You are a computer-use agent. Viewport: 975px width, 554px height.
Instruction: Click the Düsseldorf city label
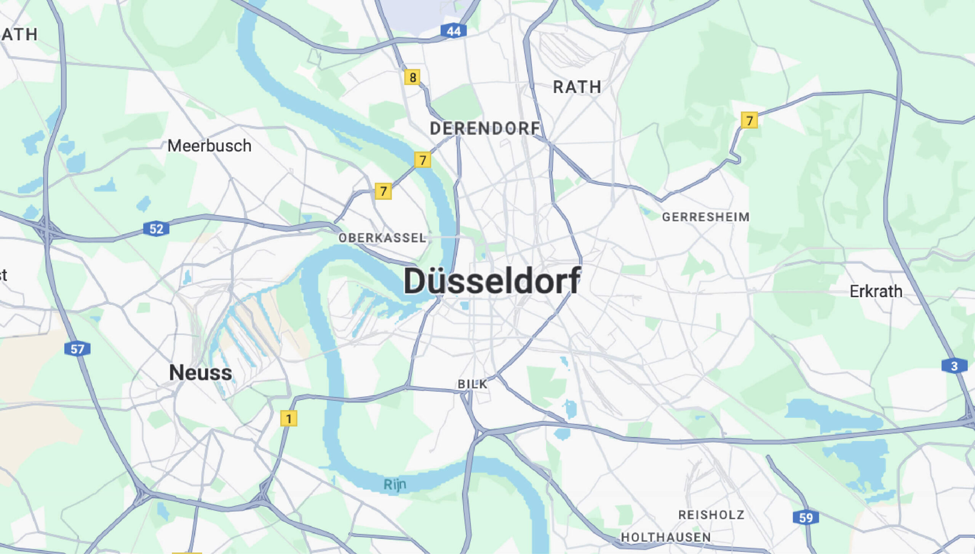point(492,281)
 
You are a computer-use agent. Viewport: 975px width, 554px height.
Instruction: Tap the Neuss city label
point(200,373)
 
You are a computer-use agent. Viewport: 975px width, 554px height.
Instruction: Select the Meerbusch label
point(209,146)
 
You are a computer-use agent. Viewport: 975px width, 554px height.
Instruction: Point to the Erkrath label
point(876,291)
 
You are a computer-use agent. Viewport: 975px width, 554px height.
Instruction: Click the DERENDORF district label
point(485,129)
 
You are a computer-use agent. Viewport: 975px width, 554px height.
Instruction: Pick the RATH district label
point(577,87)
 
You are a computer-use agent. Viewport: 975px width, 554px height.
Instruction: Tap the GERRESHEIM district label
point(706,217)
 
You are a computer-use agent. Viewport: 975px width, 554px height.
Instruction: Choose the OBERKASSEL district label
point(382,238)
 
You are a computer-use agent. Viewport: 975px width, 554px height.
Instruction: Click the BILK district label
point(472,384)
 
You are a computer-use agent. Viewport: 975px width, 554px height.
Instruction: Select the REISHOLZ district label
point(711,515)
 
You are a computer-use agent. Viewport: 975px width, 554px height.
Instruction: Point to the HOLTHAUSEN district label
point(666,537)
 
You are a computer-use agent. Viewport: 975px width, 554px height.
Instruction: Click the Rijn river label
point(395,485)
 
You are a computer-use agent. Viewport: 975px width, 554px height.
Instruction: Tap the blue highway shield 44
point(453,31)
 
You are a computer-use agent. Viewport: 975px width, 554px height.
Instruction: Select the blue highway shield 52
point(156,229)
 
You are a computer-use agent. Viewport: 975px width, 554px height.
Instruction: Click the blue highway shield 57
point(77,349)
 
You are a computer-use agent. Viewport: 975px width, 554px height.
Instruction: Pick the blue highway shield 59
point(806,517)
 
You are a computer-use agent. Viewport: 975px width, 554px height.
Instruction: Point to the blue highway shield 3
point(954,366)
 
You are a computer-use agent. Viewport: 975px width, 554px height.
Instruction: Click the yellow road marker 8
point(412,77)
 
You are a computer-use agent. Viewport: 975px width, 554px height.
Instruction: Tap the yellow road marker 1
point(289,419)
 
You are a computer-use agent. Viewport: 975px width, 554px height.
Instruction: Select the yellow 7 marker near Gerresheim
point(749,120)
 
